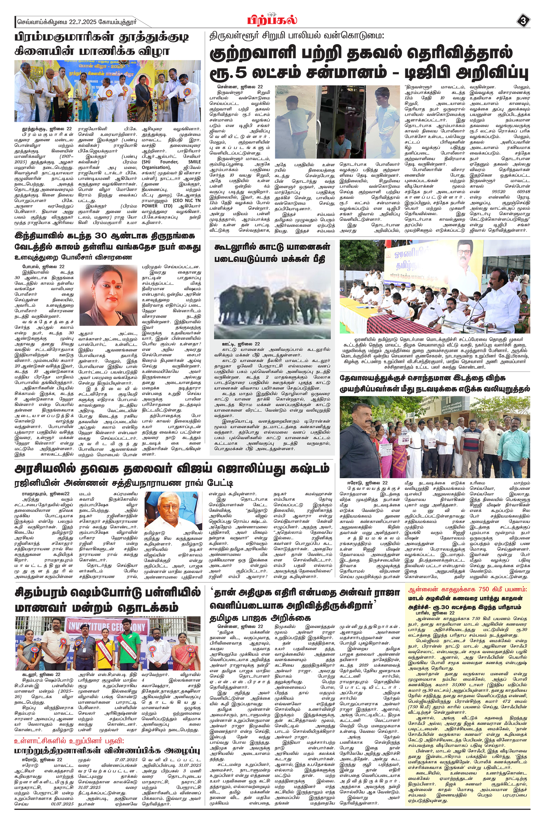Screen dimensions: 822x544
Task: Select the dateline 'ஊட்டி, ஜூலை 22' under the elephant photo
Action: tap(241, 343)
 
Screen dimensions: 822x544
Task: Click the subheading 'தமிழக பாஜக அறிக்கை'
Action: tap(260, 617)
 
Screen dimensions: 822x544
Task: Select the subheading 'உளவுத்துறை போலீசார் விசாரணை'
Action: tap(73, 257)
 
